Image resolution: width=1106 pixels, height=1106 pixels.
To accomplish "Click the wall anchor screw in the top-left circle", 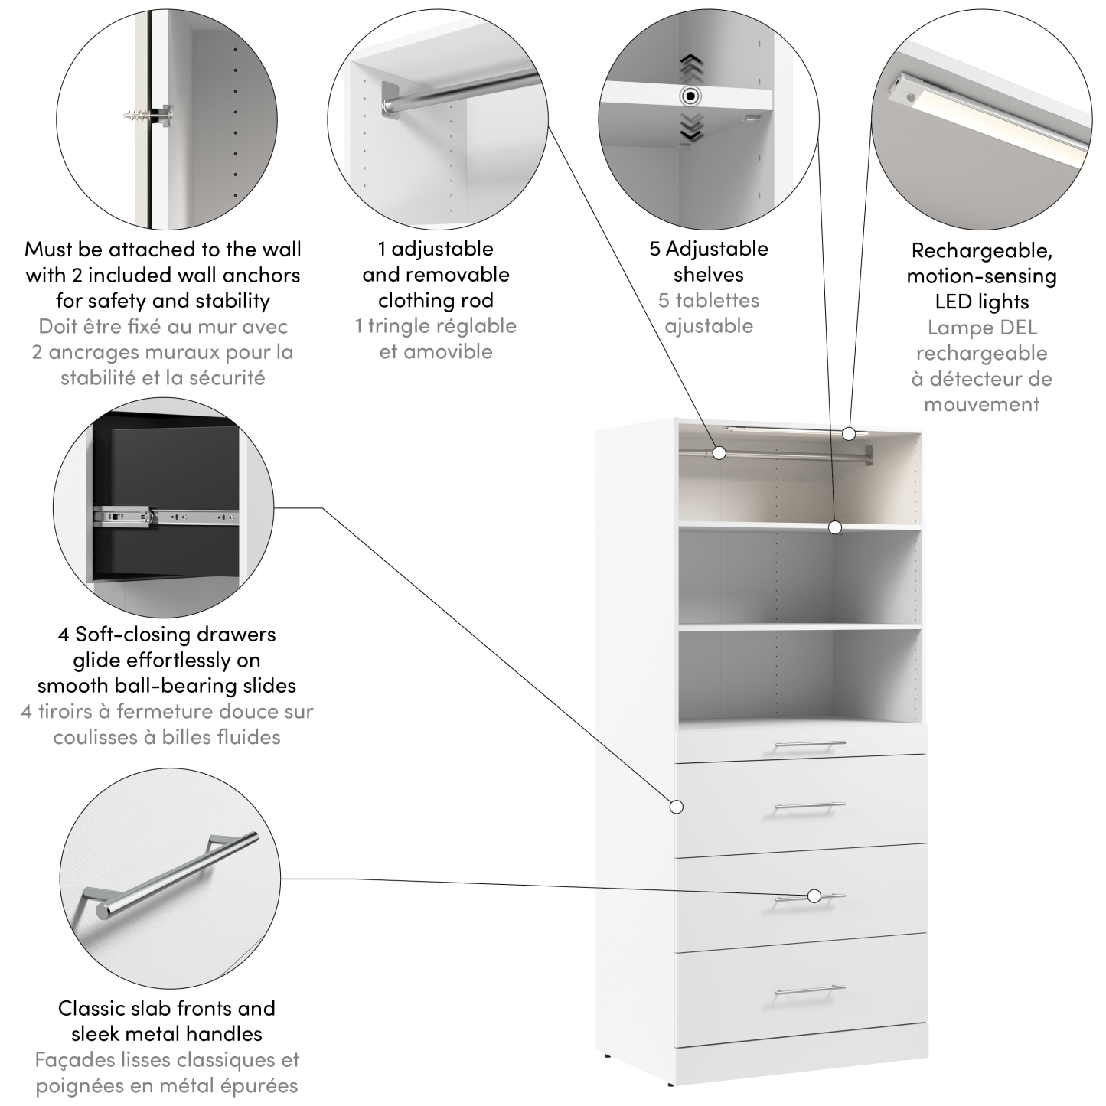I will [x=142, y=116].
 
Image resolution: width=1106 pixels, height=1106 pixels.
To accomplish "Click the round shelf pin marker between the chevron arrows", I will [x=690, y=96].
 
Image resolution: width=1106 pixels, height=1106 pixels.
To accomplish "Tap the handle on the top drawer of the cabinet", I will [x=809, y=745].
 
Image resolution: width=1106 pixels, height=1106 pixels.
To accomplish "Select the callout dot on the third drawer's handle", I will [x=814, y=896].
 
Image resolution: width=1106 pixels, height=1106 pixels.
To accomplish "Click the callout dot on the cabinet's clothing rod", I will [x=719, y=452].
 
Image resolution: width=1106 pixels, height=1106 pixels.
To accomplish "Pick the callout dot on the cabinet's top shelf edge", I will [x=835, y=527].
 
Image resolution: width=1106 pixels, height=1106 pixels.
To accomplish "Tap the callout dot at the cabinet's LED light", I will [x=848, y=434].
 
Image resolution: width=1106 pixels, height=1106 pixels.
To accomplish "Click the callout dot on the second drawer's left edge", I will [x=676, y=806].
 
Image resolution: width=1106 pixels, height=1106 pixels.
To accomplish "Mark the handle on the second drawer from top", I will [x=809, y=806].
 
